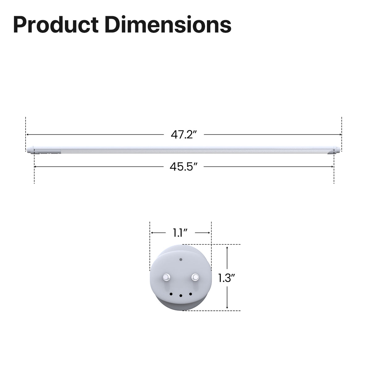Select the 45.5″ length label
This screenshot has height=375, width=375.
(x=183, y=167)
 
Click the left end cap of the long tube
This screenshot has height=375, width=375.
(x=30, y=150)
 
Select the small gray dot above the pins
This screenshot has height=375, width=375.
(x=181, y=259)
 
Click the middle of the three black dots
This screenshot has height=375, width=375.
(x=181, y=296)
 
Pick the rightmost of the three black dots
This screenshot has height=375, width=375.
(x=191, y=294)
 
